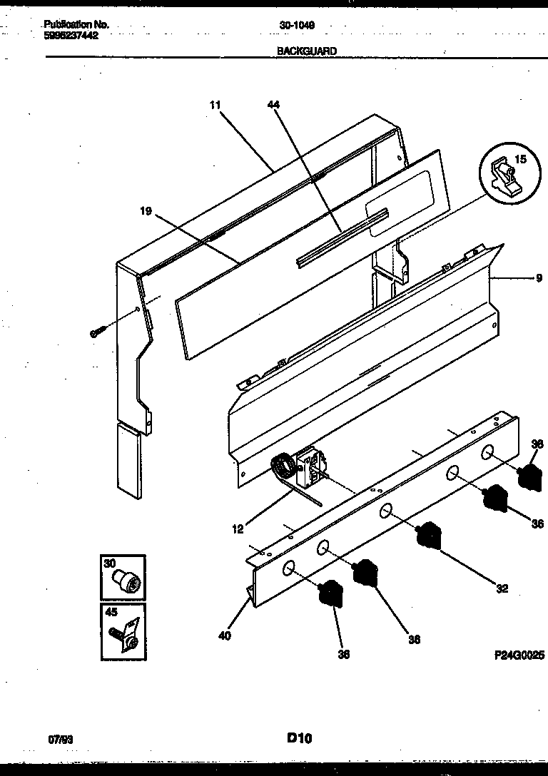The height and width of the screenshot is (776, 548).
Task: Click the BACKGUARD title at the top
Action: click(x=307, y=51)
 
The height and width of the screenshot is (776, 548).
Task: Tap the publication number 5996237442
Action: click(x=70, y=34)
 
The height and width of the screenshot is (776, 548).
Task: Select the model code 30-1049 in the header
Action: click(x=298, y=25)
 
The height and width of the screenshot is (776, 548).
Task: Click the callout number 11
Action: click(x=215, y=105)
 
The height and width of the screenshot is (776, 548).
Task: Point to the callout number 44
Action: click(x=273, y=105)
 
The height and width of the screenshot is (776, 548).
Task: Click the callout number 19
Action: click(x=146, y=210)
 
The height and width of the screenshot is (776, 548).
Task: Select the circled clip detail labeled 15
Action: click(x=508, y=174)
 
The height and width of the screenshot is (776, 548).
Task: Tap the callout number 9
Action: click(x=539, y=279)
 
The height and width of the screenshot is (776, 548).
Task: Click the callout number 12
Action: click(x=238, y=529)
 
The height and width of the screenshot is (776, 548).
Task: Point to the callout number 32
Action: click(x=502, y=588)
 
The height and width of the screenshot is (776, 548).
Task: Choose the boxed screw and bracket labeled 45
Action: click(x=123, y=631)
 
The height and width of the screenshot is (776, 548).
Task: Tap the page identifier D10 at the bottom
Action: click(x=300, y=738)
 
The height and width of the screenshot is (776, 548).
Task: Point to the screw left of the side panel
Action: click(x=98, y=332)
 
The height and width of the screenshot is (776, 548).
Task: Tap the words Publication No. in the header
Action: click(x=76, y=24)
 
